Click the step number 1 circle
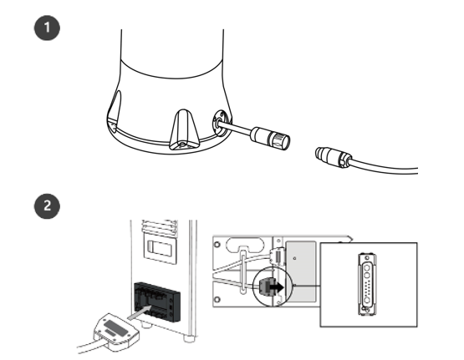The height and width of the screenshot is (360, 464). [47, 28]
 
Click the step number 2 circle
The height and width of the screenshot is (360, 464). [47, 206]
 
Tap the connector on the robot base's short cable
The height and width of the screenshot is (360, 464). [270, 139]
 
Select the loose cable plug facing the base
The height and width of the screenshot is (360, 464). [334, 157]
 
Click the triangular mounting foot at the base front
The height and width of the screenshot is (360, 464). [183, 129]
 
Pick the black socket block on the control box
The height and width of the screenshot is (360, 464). [157, 302]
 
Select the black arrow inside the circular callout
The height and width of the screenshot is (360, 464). [277, 286]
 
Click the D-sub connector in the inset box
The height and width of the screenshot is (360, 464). [367, 284]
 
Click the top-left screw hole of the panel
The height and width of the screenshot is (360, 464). [217, 245]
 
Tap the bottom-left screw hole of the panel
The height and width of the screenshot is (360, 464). [217, 299]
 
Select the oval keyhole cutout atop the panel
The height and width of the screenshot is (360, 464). [245, 245]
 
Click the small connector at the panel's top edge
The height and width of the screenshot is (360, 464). [278, 256]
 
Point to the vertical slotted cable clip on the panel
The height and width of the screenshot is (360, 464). [242, 272]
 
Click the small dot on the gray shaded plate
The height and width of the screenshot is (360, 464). [294, 258]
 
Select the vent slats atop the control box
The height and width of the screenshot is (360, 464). [160, 227]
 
